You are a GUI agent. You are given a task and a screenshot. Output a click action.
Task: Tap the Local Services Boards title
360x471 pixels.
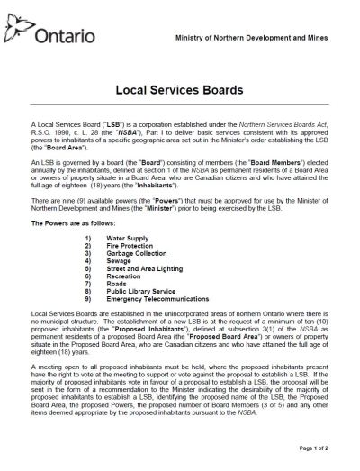point(179,91)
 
